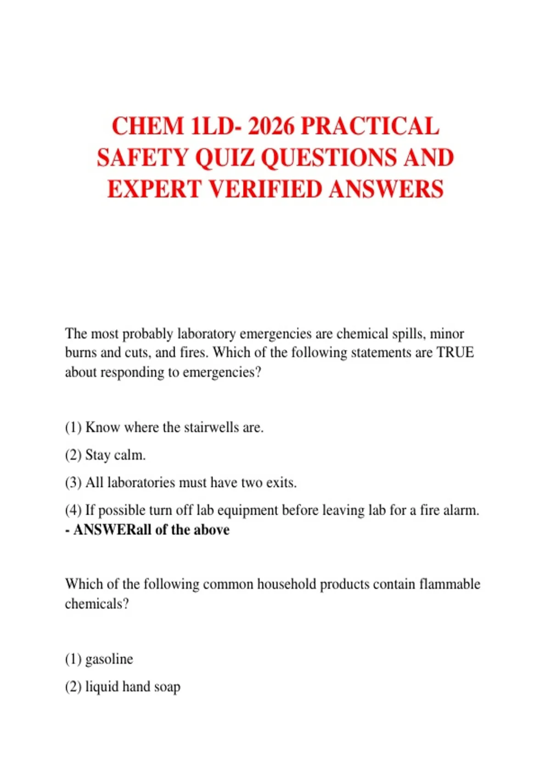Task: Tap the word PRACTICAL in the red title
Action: point(370,126)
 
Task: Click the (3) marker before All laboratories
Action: point(73,482)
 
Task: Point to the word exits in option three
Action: point(281,482)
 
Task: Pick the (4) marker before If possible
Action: point(73,510)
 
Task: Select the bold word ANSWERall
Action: point(112,530)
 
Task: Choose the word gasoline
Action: point(109,659)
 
